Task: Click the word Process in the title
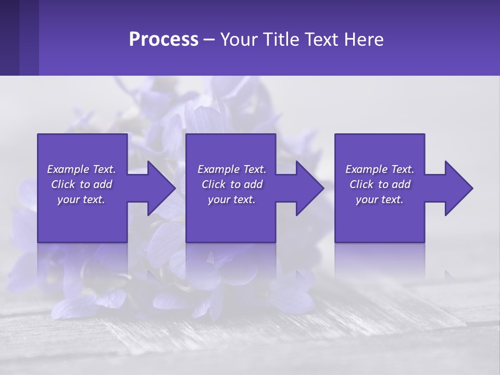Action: coord(164,40)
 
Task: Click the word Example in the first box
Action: coord(68,169)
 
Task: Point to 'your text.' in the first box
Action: coord(81,199)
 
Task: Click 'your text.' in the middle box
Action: coord(232,199)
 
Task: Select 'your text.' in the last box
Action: coord(380,199)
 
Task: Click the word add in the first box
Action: coord(103,184)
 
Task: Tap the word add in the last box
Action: coord(402,184)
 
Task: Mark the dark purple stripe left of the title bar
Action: coord(10,37)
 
